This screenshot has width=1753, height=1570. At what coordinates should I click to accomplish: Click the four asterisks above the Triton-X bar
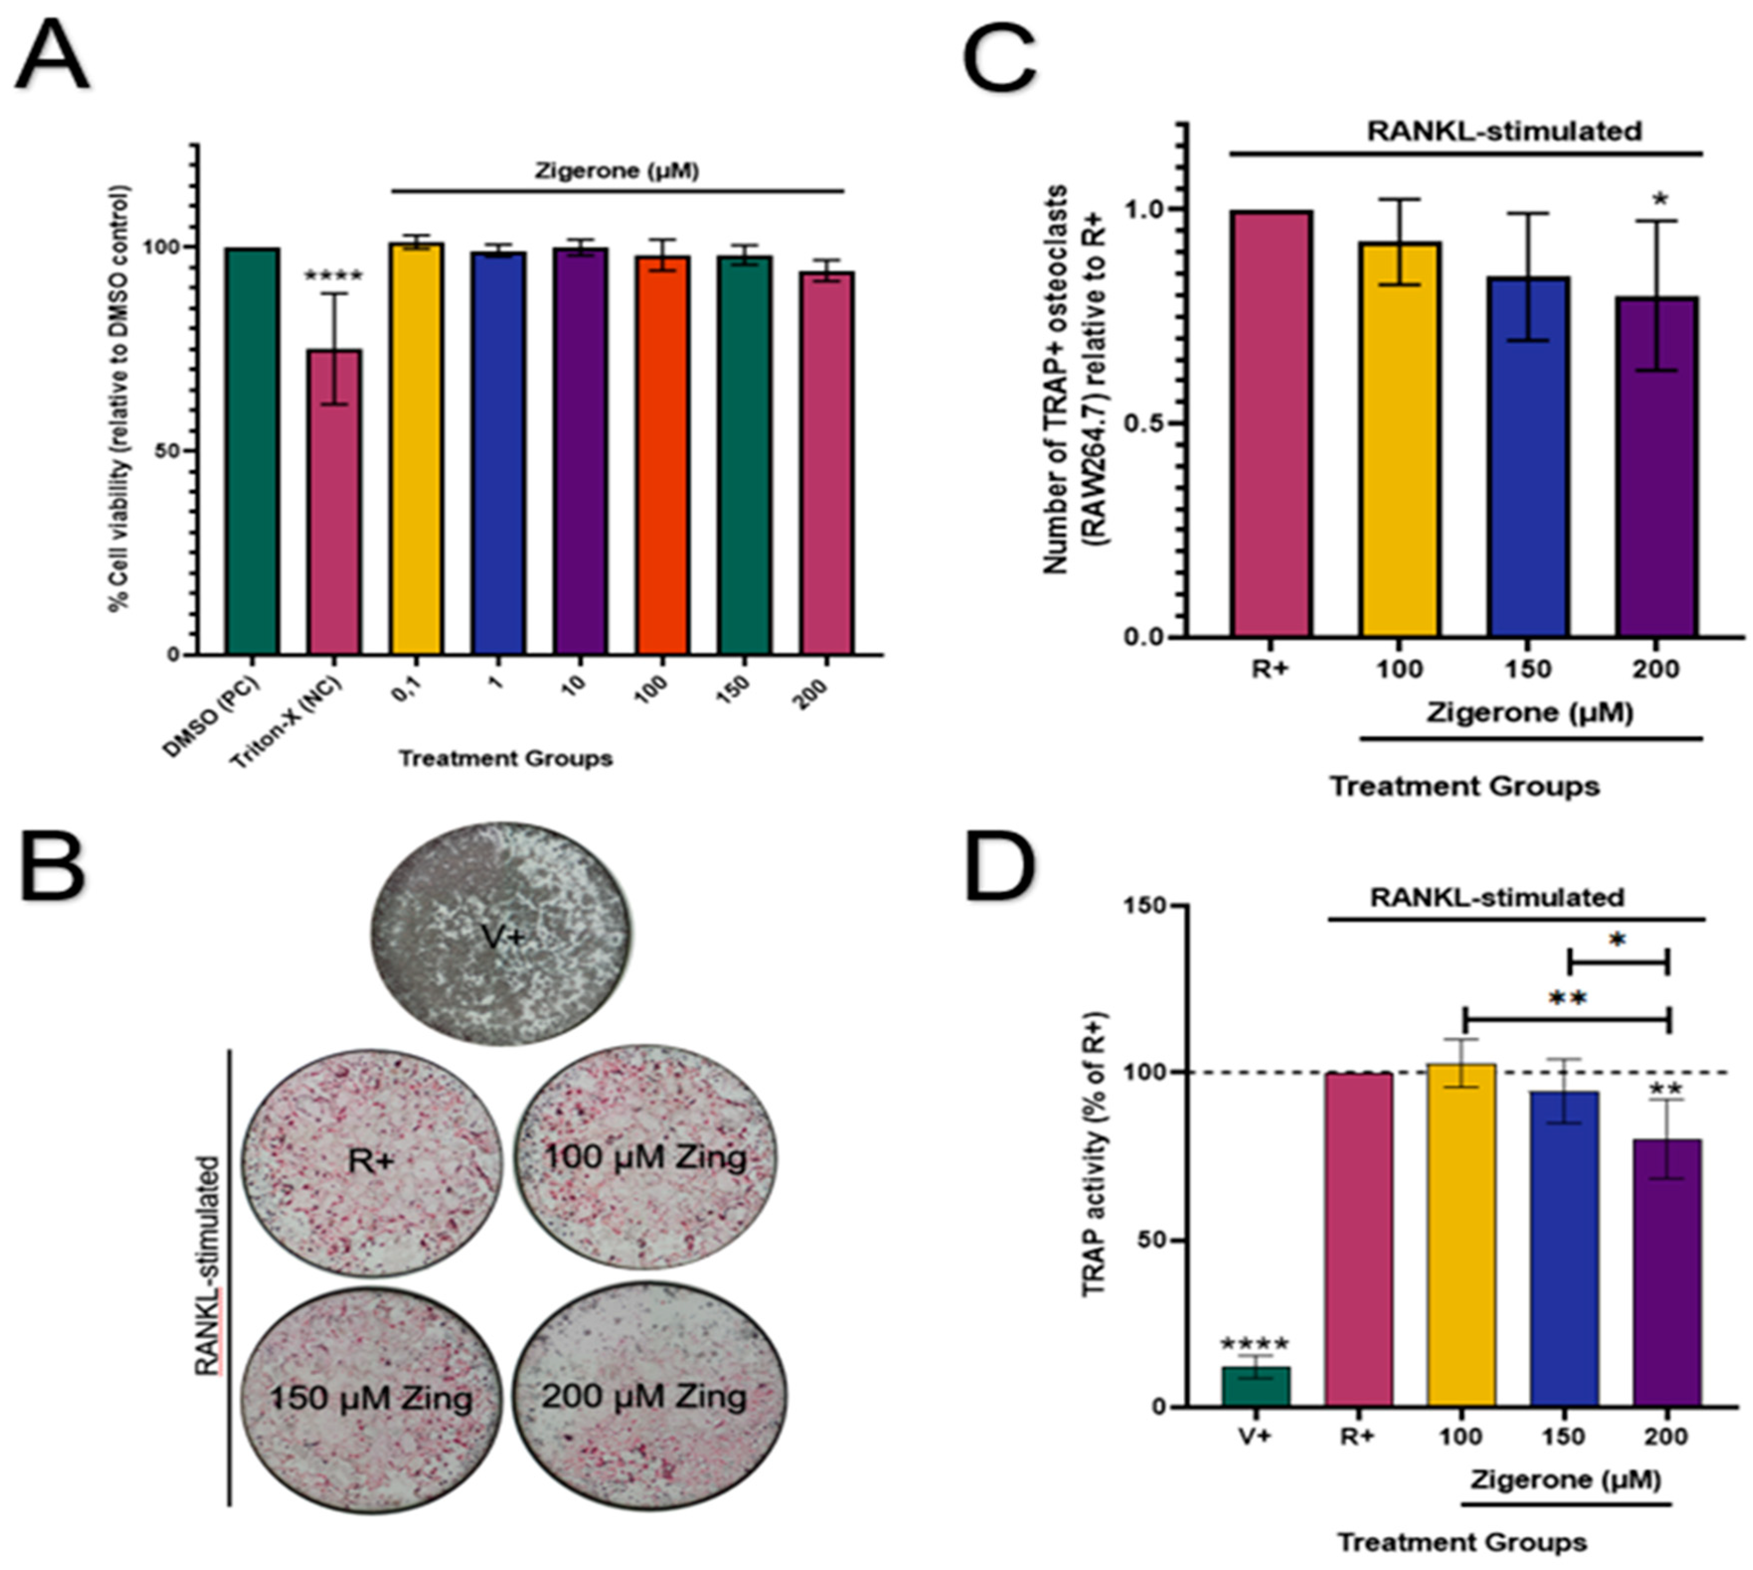(334, 277)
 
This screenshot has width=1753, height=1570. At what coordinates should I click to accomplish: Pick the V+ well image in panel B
(501, 934)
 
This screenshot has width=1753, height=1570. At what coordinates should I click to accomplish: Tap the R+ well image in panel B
(371, 1162)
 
